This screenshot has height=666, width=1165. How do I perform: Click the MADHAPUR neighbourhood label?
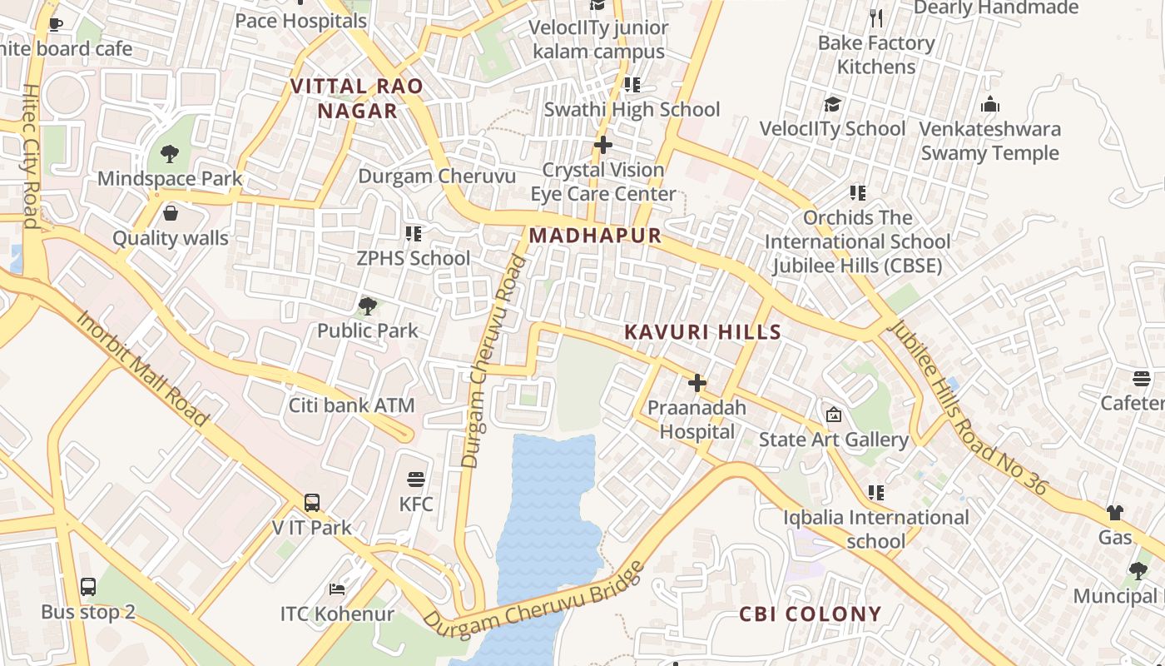tap(595, 236)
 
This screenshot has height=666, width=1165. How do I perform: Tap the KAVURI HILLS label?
tap(702, 332)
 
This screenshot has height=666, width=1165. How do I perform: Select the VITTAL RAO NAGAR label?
tap(357, 98)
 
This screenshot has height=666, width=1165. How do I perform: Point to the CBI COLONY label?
tap(810, 614)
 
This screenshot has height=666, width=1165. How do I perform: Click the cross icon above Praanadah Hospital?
tap(697, 383)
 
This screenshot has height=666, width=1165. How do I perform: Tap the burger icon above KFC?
tap(416, 480)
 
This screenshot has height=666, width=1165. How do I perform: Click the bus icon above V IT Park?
tap(312, 502)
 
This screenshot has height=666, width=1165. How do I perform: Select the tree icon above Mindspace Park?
tap(170, 153)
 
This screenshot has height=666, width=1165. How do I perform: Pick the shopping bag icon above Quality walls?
tap(171, 213)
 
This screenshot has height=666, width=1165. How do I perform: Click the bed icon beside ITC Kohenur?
tap(336, 589)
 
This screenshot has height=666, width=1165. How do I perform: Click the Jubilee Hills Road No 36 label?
tap(968, 407)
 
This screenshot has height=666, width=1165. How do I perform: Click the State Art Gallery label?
tap(833, 440)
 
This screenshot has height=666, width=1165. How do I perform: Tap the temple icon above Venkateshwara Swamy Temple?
tap(989, 105)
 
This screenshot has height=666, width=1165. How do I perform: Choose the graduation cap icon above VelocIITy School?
tap(832, 104)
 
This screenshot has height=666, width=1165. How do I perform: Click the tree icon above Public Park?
tap(367, 306)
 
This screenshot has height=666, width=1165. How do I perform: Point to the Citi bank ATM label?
tap(351, 406)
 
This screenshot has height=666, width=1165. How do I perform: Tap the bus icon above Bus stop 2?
tap(88, 587)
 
